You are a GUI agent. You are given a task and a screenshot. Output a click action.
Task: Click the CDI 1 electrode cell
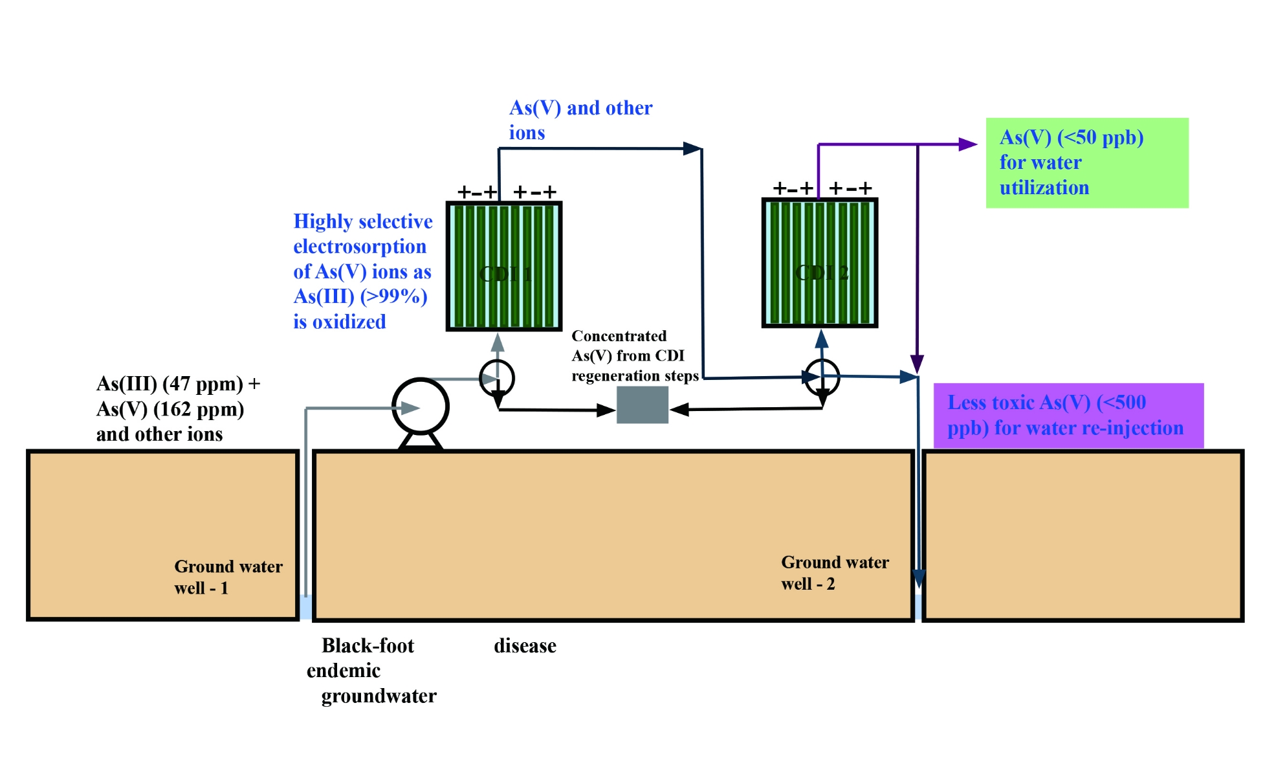coord(503,265)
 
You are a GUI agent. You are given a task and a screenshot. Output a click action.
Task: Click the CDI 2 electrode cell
coord(819,263)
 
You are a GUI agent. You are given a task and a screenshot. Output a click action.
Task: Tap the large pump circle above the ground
coord(421,407)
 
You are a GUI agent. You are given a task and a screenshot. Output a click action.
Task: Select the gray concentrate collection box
coord(642,405)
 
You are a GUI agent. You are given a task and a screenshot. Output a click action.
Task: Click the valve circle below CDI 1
coord(497,378)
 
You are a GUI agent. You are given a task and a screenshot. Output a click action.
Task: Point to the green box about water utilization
coord(1086,162)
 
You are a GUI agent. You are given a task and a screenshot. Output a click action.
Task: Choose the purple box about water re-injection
coord(1068,415)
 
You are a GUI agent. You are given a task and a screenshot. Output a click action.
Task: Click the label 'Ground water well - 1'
coord(228,577)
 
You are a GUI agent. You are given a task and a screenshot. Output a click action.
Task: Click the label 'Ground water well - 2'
coord(835,573)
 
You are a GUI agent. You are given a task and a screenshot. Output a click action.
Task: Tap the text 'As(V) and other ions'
coord(580,120)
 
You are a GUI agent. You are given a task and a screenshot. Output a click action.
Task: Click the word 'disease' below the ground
coord(525,645)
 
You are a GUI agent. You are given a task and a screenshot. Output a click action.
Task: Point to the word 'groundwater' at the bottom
coord(379,696)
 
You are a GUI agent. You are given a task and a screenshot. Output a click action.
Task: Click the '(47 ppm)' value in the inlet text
coord(202,384)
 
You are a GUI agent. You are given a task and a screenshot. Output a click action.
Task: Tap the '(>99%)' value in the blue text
coord(394,296)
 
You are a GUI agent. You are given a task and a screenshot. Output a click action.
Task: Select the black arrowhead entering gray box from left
coord(606,410)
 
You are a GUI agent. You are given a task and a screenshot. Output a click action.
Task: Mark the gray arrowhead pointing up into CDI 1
coord(497,342)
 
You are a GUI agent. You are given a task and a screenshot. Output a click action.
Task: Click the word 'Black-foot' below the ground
coord(368,645)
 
